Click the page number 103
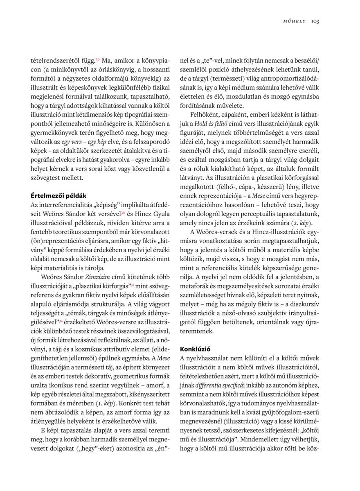click(x=315, y=21)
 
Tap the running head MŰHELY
click(x=295, y=21)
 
